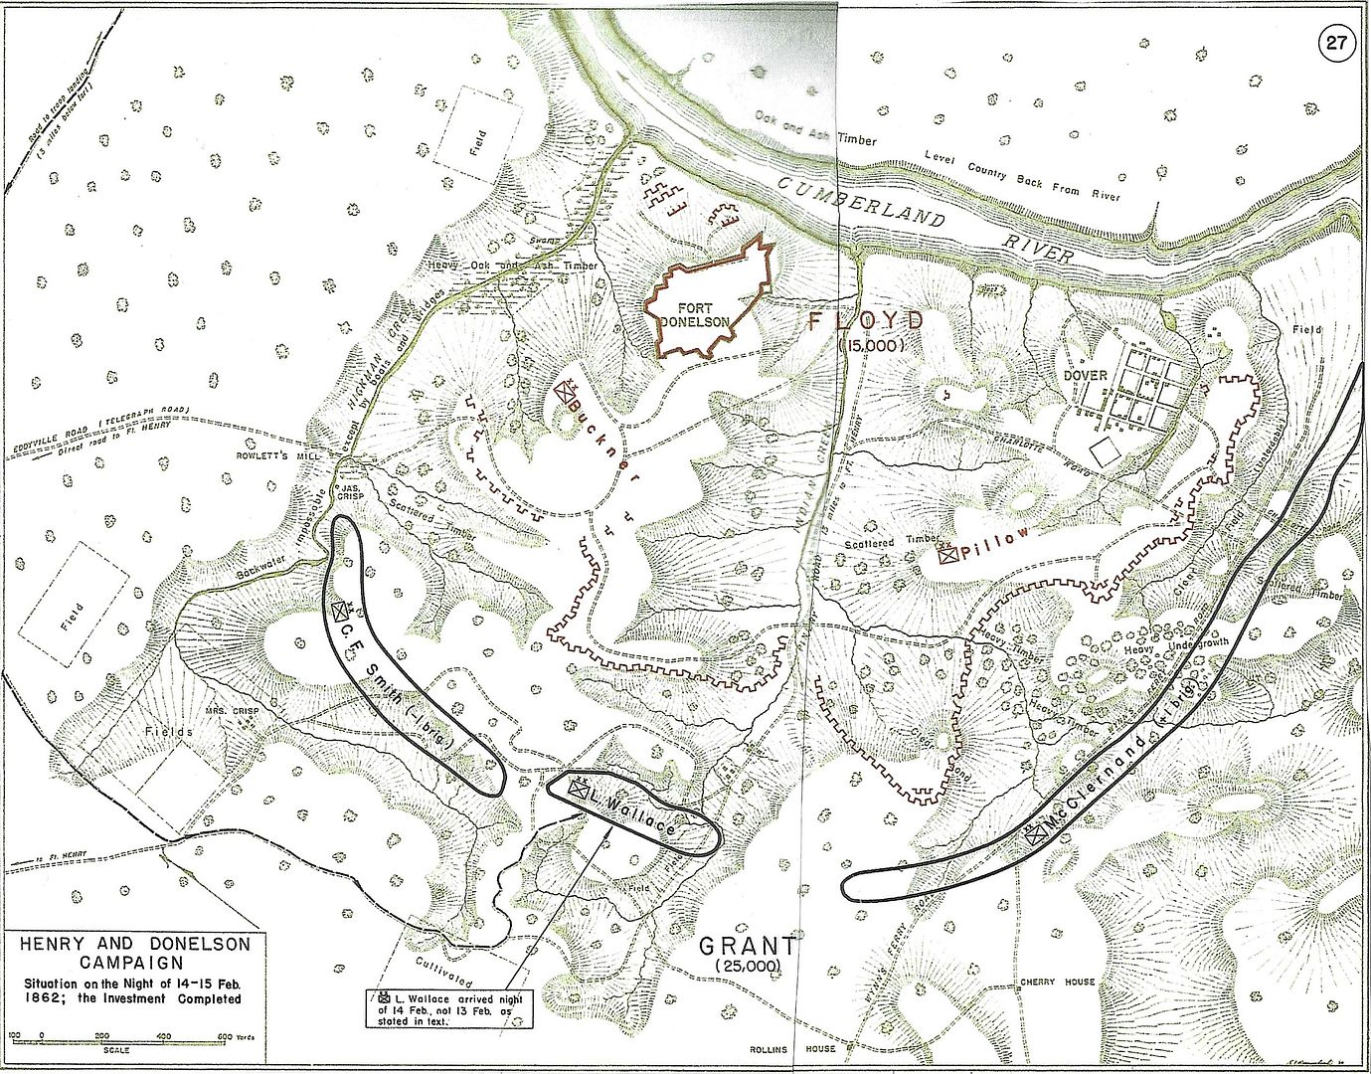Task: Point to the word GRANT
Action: pos(747,946)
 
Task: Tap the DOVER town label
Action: pos(1085,377)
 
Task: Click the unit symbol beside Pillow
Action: pos(948,555)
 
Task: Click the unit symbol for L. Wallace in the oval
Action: pos(577,787)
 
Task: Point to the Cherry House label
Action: pos(1057,982)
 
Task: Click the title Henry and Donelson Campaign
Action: pos(130,953)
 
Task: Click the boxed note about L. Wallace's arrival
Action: pos(448,1008)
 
